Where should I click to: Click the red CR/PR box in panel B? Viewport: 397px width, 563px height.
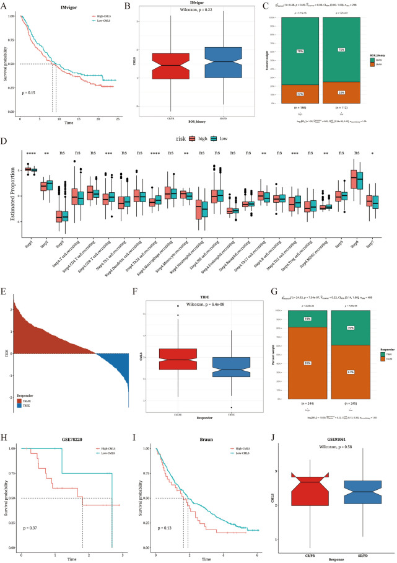tap(183, 66)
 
